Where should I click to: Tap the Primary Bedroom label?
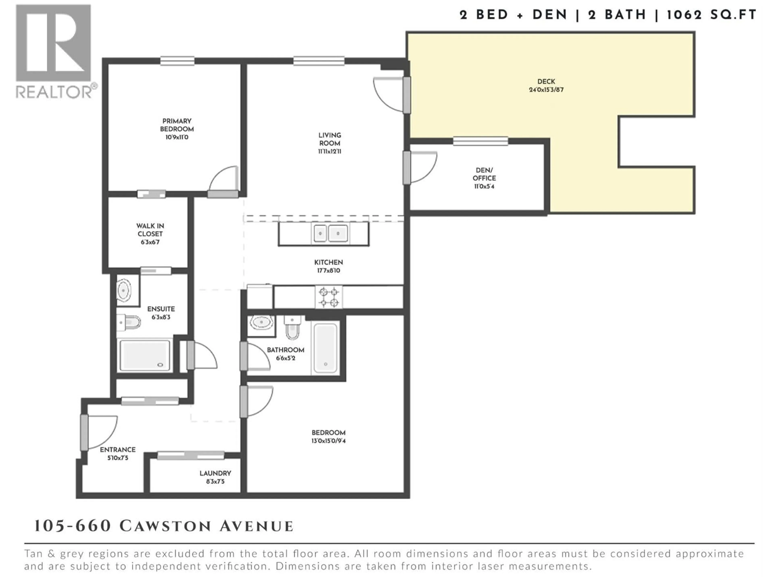tap(177, 125)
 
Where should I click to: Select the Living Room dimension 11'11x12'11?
tap(330, 151)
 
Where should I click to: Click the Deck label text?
tap(546, 81)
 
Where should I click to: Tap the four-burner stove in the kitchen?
tap(329, 297)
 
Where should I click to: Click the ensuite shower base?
tap(145, 355)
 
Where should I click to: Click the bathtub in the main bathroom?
tap(325, 348)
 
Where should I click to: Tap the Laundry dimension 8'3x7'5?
tap(215, 481)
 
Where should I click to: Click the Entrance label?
tap(118, 449)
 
